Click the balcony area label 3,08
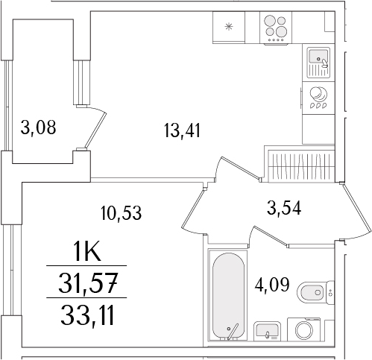coord(39,127)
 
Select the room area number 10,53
coord(121,212)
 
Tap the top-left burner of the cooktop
coord(270,22)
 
